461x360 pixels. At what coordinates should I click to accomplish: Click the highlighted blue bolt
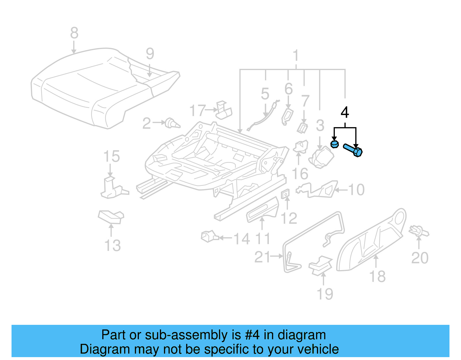pyautogui.click(x=353, y=150)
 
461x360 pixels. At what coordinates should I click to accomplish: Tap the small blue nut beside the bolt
pyautogui.click(x=334, y=144)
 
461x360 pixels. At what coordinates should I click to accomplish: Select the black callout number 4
pyautogui.click(x=345, y=112)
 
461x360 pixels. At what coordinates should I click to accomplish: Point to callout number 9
pyautogui.click(x=150, y=54)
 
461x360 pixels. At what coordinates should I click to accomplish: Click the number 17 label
pyautogui.click(x=197, y=110)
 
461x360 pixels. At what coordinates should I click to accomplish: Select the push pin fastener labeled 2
pyautogui.click(x=172, y=123)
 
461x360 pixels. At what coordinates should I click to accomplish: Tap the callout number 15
pyautogui.click(x=111, y=157)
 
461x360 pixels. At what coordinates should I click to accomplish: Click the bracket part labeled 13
pyautogui.click(x=111, y=216)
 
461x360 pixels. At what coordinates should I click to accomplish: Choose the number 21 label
pyautogui.click(x=262, y=257)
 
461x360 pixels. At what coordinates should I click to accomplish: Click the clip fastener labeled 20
pyautogui.click(x=418, y=231)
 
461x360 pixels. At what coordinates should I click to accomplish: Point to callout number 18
pyautogui.click(x=377, y=276)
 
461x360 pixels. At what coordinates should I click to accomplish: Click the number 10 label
pyautogui.click(x=356, y=190)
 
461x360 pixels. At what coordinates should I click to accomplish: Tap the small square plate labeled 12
pyautogui.click(x=285, y=194)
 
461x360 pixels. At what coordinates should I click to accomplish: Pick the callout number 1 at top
pyautogui.click(x=296, y=55)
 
